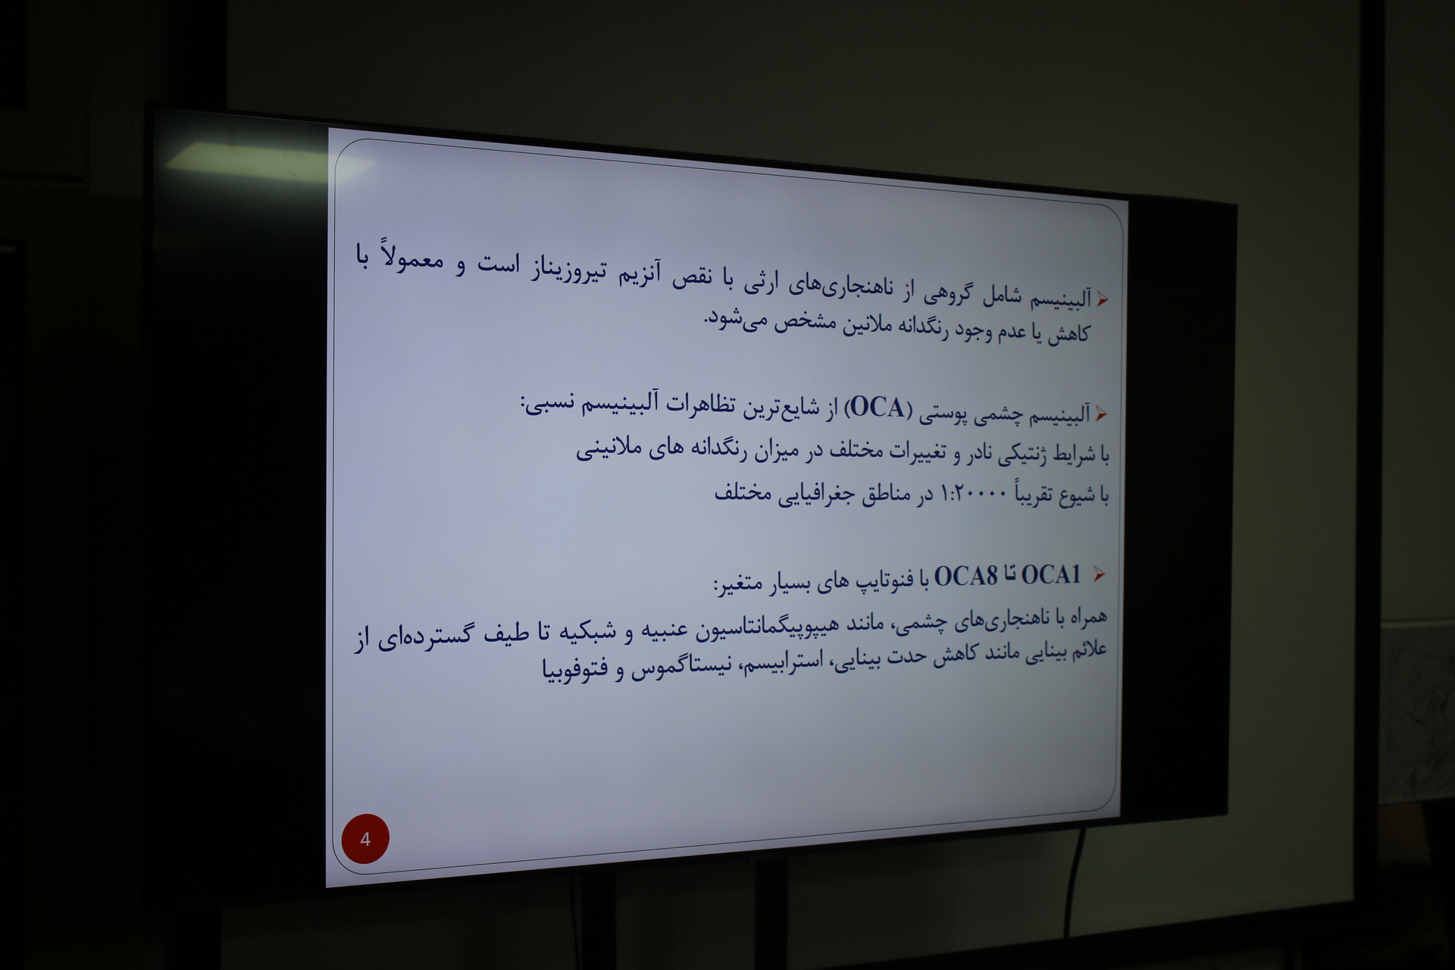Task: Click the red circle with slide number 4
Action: click(365, 839)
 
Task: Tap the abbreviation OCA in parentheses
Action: click(878, 408)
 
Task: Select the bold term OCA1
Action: click(1051, 576)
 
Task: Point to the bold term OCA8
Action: click(965, 577)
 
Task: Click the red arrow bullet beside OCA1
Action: click(1100, 574)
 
